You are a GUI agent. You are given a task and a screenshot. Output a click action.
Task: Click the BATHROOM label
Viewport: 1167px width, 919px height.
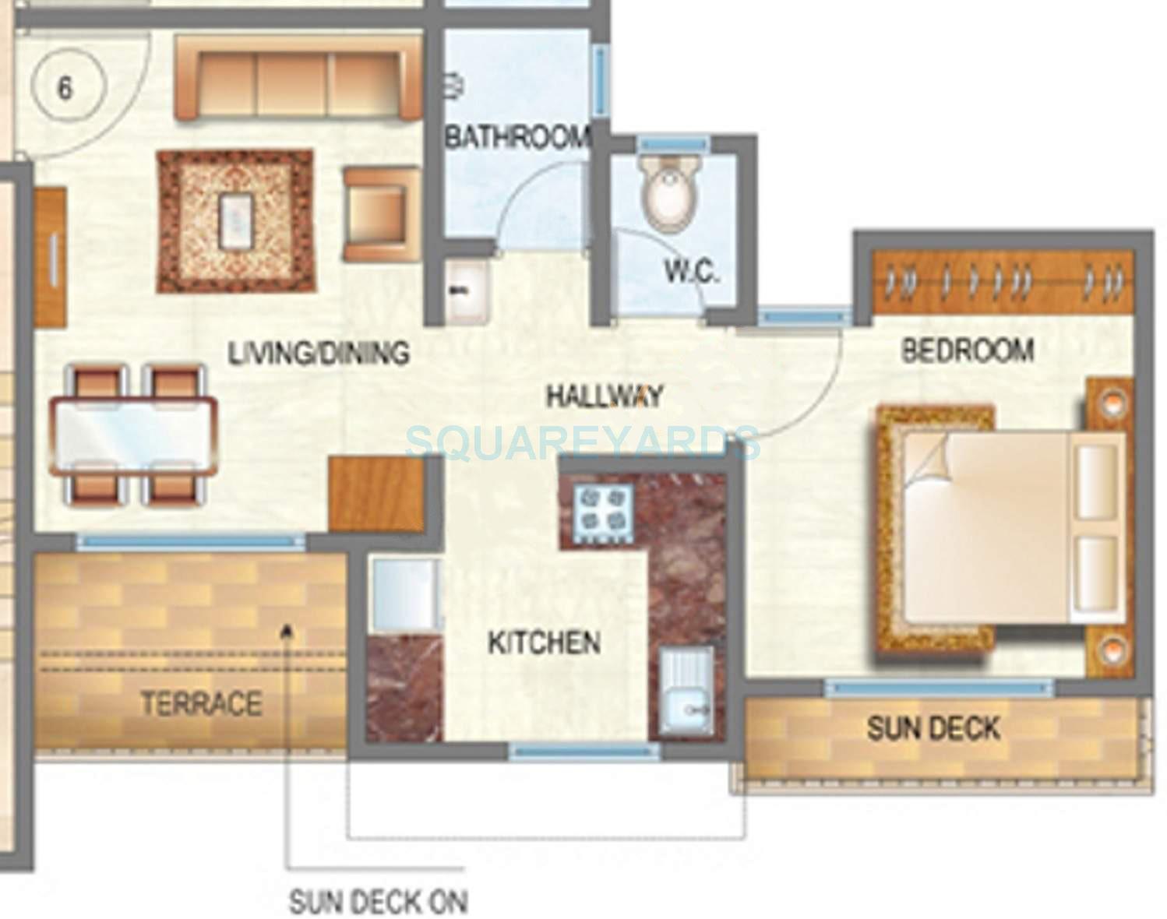(x=517, y=138)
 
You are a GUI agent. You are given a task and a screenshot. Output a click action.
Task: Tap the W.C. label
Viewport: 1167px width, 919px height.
(x=691, y=272)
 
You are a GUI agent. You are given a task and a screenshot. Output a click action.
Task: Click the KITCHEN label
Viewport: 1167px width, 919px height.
(x=544, y=643)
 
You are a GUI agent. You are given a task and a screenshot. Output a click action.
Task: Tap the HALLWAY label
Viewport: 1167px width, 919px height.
(x=604, y=396)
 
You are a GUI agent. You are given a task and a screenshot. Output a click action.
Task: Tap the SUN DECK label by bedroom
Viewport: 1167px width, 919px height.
(x=933, y=729)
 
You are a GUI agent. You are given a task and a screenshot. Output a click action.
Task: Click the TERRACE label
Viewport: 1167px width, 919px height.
(x=200, y=704)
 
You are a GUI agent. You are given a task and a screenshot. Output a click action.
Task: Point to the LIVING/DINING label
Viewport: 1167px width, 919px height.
(x=318, y=353)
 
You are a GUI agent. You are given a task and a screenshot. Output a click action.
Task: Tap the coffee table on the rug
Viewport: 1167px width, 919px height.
(x=237, y=220)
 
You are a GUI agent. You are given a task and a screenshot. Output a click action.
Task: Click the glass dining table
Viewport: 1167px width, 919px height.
(x=132, y=435)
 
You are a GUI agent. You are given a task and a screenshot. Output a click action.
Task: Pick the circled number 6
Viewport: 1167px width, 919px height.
(x=65, y=88)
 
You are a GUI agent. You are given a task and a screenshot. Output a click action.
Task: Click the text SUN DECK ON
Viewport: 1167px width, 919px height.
(x=378, y=902)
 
